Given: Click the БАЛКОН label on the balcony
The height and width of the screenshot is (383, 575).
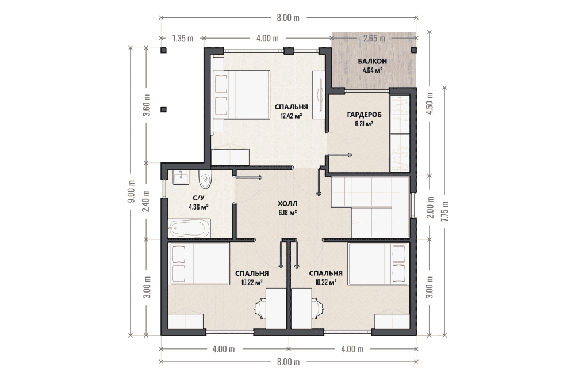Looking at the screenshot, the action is click(372, 61).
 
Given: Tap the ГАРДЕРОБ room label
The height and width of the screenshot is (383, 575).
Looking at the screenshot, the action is click(364, 115).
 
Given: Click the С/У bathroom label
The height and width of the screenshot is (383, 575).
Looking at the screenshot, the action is click(198, 199).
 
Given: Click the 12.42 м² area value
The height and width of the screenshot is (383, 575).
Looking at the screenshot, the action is click(291, 116).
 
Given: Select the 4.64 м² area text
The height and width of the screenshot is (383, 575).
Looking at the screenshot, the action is click(373, 70).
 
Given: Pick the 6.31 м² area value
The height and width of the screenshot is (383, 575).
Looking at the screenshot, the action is click(364, 124).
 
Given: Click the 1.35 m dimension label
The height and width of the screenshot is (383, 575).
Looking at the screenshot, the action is click(182, 38).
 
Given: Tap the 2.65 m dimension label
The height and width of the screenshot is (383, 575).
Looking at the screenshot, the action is click(374, 38).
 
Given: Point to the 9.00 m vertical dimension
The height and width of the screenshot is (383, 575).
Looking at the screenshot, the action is click(131, 192).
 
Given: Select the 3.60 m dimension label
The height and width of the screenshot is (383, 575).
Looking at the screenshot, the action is click(147, 105).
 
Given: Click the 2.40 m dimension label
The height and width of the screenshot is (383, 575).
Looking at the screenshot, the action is click(147, 200).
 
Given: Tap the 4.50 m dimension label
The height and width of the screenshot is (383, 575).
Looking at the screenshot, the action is click(430, 103).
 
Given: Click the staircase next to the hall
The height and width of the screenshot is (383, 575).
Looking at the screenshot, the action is click(370, 207).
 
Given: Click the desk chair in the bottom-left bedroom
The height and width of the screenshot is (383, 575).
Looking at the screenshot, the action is click(260, 308).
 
